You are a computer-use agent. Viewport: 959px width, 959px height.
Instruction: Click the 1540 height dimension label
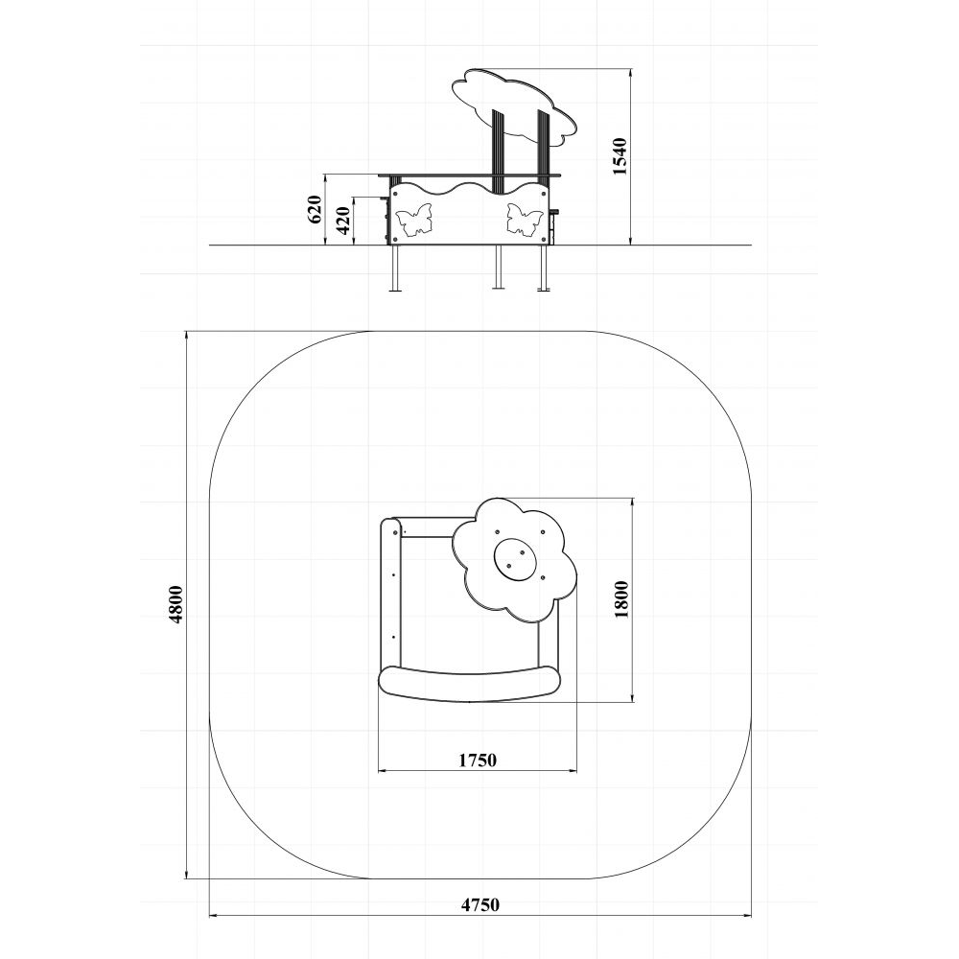620,156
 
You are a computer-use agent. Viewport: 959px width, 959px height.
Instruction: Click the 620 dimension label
315,209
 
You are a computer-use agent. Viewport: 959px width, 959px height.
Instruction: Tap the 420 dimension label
343,221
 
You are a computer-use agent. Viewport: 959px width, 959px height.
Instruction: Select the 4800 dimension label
176,604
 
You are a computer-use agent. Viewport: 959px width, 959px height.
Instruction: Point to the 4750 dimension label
480,904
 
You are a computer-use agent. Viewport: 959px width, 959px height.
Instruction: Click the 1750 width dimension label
478,760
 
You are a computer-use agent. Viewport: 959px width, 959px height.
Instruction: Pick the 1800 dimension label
621,599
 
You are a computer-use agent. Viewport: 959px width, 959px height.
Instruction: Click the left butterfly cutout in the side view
414,221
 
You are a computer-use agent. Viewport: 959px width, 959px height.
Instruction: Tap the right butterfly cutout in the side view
525,219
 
